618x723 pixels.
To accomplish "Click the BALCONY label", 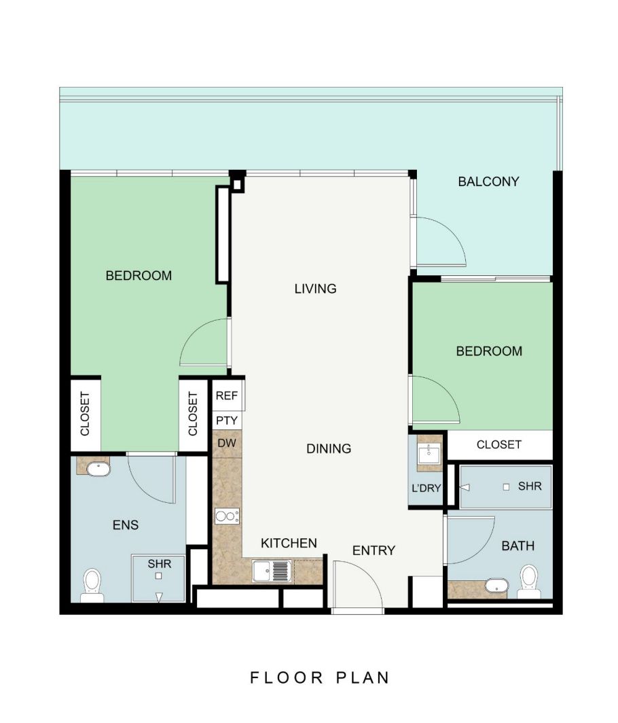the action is (x=488, y=181).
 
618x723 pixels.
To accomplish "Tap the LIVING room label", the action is (x=316, y=289).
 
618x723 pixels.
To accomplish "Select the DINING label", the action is (x=329, y=448).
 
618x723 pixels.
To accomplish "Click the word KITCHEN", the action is (x=289, y=543).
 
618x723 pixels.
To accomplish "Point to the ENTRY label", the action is (x=374, y=550).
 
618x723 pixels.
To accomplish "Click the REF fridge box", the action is (x=228, y=395).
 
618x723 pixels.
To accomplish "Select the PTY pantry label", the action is (x=227, y=421).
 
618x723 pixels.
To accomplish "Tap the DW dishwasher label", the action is (x=227, y=443).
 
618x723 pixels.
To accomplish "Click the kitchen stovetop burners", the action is (x=228, y=516).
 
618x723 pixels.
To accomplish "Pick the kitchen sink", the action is (x=272, y=571).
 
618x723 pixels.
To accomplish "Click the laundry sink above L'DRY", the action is (x=429, y=453).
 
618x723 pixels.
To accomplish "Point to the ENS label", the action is (x=126, y=525).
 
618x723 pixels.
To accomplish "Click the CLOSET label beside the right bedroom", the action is (x=499, y=444).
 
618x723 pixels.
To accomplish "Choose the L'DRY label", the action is (x=426, y=488).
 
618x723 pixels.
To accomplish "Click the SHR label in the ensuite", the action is (x=160, y=564).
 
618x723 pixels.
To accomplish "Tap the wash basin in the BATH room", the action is (x=497, y=586).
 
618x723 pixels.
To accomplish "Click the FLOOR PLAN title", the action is (x=320, y=678).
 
